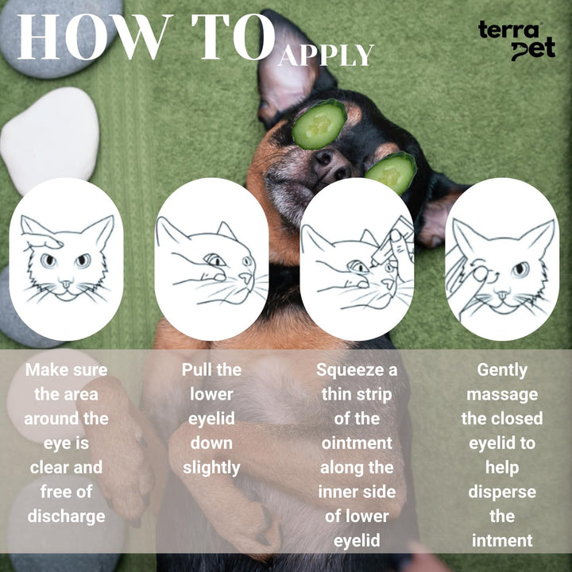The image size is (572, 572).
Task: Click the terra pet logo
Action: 516,41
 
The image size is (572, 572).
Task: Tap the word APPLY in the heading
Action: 327,56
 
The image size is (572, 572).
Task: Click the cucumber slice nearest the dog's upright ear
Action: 319,124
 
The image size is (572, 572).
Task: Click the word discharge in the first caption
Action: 67,516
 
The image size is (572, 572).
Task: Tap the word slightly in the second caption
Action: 211,468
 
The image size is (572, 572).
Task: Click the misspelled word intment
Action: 502,541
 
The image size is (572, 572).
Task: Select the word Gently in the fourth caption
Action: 502,371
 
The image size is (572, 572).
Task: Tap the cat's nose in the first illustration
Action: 66,284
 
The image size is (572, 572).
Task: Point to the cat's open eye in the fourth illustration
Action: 520,269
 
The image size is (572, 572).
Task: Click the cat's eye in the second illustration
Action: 215,261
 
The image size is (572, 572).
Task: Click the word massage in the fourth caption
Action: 502,395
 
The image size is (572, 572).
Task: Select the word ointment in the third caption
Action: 357,443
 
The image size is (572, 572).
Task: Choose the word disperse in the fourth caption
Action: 502,492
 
